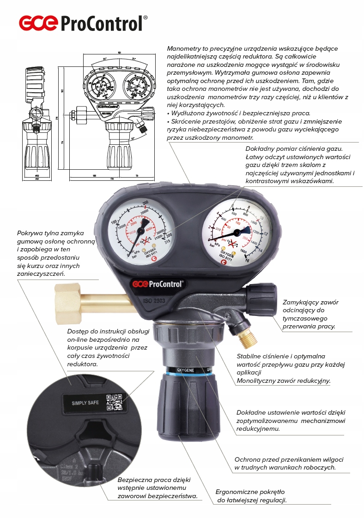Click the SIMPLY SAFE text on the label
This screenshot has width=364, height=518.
(85, 403)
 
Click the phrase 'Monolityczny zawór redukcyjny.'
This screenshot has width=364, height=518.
(283, 381)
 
